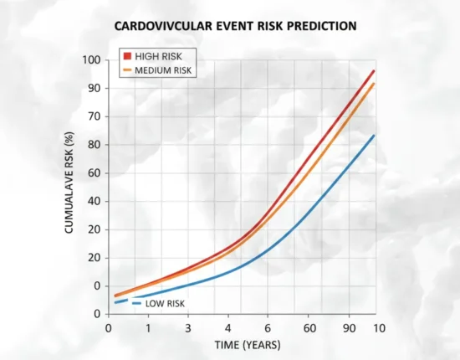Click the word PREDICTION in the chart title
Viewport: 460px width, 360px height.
tap(311, 26)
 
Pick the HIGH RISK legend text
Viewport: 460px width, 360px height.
tap(158, 54)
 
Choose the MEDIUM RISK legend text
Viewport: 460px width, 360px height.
tap(165, 70)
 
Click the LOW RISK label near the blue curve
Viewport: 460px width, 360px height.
tap(164, 303)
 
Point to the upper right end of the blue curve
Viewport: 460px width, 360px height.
tap(373, 136)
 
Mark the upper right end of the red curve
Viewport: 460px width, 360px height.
tap(373, 71)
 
